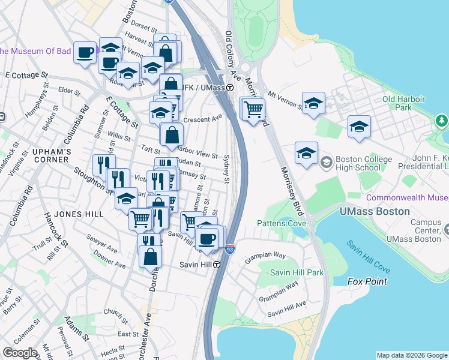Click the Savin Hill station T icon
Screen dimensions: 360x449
coord(216,265)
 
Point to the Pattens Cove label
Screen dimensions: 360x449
coord(282,224)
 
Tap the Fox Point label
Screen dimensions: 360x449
coord(367,281)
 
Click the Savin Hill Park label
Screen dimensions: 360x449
coord(297,272)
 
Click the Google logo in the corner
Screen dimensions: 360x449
coord(20,353)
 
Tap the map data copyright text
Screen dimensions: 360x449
coord(412,355)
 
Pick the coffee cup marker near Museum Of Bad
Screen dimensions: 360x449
coord(85,52)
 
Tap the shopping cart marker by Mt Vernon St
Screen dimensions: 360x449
coord(254,110)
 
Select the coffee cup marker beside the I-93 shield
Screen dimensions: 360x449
coord(208,238)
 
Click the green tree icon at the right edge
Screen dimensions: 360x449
coord(442,121)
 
